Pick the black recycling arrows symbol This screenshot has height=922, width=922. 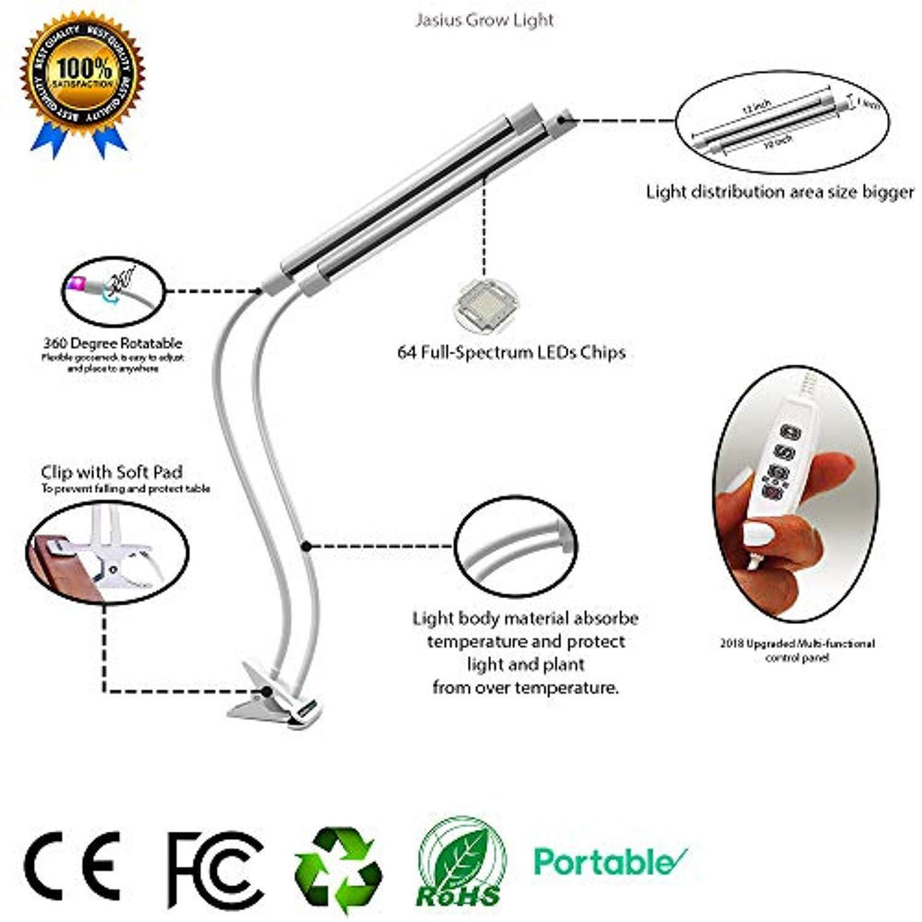pos(339,866)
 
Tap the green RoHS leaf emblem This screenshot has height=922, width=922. pos(462,863)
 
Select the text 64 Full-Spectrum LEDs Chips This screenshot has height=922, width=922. pos(511,353)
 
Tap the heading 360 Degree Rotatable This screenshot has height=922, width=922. pos(113,343)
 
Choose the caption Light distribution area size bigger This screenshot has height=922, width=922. pos(780,192)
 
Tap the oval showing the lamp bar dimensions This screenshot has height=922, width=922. pos(776,123)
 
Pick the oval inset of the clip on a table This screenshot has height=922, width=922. pos(106,552)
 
